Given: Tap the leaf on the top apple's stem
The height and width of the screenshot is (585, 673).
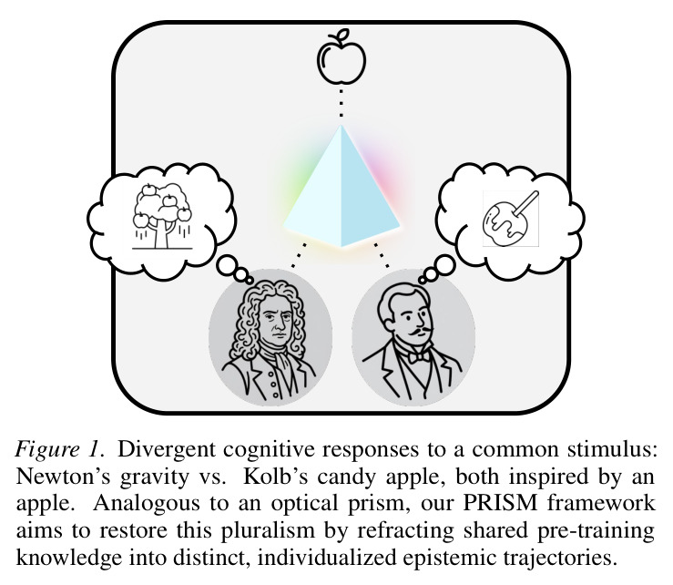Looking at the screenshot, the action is tap(344, 34).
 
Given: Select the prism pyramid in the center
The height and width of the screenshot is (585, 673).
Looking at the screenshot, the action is tap(342, 186).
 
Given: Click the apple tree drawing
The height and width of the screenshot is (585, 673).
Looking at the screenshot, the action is tap(162, 216).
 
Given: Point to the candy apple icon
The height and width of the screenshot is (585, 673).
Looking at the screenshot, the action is tap(510, 219).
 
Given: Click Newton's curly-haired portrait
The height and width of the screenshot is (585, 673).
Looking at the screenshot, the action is tap(270, 338).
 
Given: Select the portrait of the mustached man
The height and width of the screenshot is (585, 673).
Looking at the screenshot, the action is tap(413, 338).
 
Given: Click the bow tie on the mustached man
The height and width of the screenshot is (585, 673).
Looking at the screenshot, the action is tap(418, 356).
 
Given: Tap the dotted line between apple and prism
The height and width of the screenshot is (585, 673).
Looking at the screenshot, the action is tap(342, 103).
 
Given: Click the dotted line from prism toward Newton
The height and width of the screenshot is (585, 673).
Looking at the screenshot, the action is tap(299, 255).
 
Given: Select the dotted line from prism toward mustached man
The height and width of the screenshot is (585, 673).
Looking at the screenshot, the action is tap(382, 255).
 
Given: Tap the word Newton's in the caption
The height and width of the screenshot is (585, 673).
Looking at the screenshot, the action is tap(60, 477).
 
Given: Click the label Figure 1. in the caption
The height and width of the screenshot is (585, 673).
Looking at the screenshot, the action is tap(60, 450).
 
